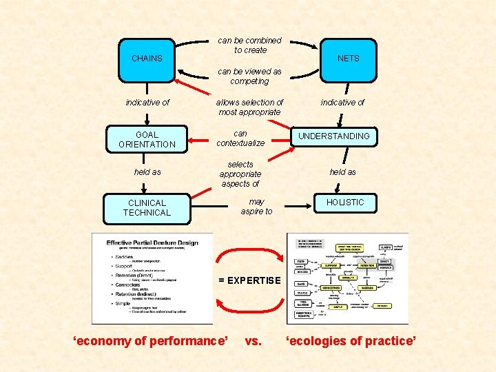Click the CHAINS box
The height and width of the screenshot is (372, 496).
pos(147,59)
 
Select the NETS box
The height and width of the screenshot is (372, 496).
pos(348,59)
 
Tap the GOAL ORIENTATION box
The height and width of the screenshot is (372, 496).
pos(147,140)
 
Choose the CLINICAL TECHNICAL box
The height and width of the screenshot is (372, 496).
pos(147,208)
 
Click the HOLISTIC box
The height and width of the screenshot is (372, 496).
pos(345,203)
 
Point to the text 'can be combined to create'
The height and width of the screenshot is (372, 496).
pos(249,45)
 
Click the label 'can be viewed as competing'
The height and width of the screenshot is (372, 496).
pos(249,76)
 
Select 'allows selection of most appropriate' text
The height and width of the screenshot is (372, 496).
pos(249,107)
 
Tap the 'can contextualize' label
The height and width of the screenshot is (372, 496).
pos(240,138)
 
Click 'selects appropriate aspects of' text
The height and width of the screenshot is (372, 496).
pos(240,174)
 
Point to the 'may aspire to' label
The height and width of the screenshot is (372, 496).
pos(256,207)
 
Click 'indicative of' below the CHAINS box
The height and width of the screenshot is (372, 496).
pos(147,103)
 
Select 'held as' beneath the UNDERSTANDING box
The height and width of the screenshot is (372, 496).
pos(342,172)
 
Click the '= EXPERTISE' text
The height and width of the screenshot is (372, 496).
pos(249,280)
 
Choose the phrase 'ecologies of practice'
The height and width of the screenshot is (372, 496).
pos(351,340)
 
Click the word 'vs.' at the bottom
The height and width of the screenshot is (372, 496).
pos(253,340)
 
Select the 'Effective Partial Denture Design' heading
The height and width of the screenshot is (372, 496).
pos(152,243)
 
